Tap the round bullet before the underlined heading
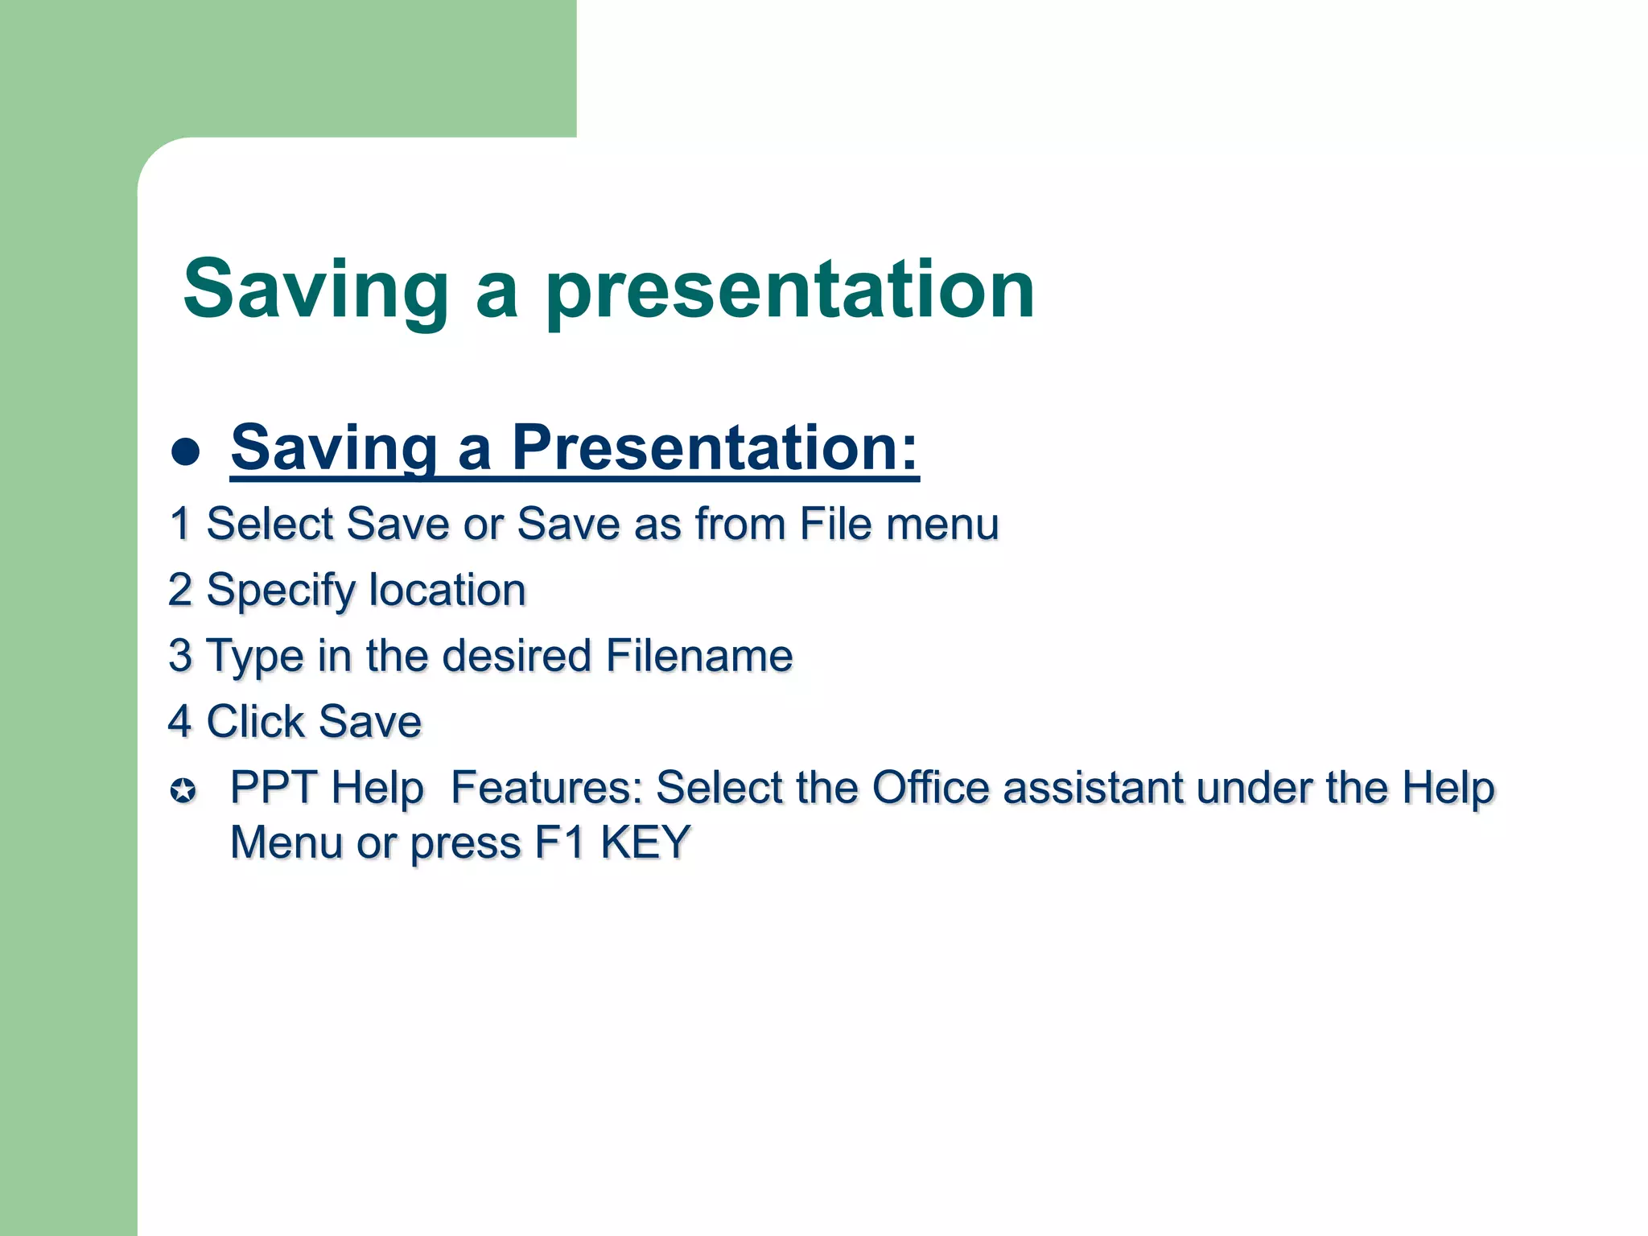(x=185, y=451)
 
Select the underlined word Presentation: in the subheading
(x=715, y=447)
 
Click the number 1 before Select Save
(x=180, y=524)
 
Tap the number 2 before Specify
(x=180, y=590)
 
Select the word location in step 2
(x=447, y=590)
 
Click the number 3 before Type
(x=180, y=655)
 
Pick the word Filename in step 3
(x=699, y=655)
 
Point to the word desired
(x=517, y=655)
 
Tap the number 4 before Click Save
(x=180, y=721)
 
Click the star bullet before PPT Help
(x=183, y=790)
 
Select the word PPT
(x=273, y=787)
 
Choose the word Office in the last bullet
(x=930, y=787)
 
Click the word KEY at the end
(x=645, y=843)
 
